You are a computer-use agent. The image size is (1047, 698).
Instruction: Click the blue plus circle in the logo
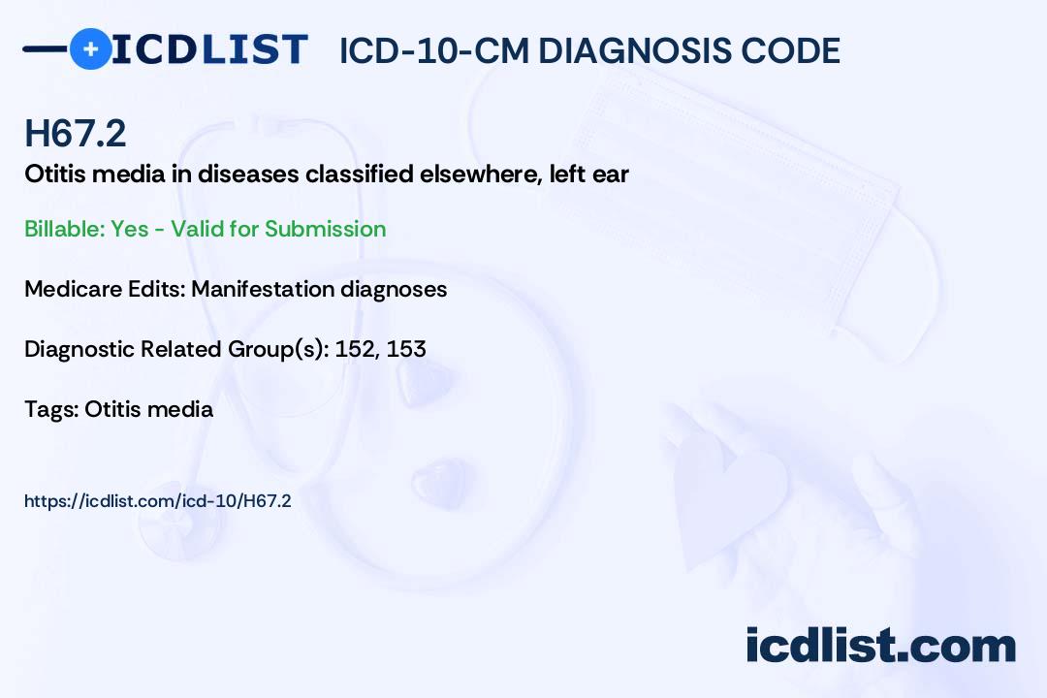click(91, 49)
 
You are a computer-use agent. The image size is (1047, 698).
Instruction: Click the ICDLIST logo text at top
click(209, 49)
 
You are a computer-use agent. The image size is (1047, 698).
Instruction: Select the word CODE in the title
click(795, 51)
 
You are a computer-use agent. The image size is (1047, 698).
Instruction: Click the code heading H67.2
click(75, 134)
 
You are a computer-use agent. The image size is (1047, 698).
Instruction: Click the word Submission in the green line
click(325, 229)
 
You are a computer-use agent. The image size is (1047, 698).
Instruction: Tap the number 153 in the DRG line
click(406, 349)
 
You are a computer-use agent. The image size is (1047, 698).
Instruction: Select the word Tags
click(49, 409)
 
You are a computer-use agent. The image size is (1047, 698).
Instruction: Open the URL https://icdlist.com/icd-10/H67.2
click(158, 501)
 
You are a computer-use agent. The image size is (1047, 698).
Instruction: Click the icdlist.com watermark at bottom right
click(880, 646)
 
